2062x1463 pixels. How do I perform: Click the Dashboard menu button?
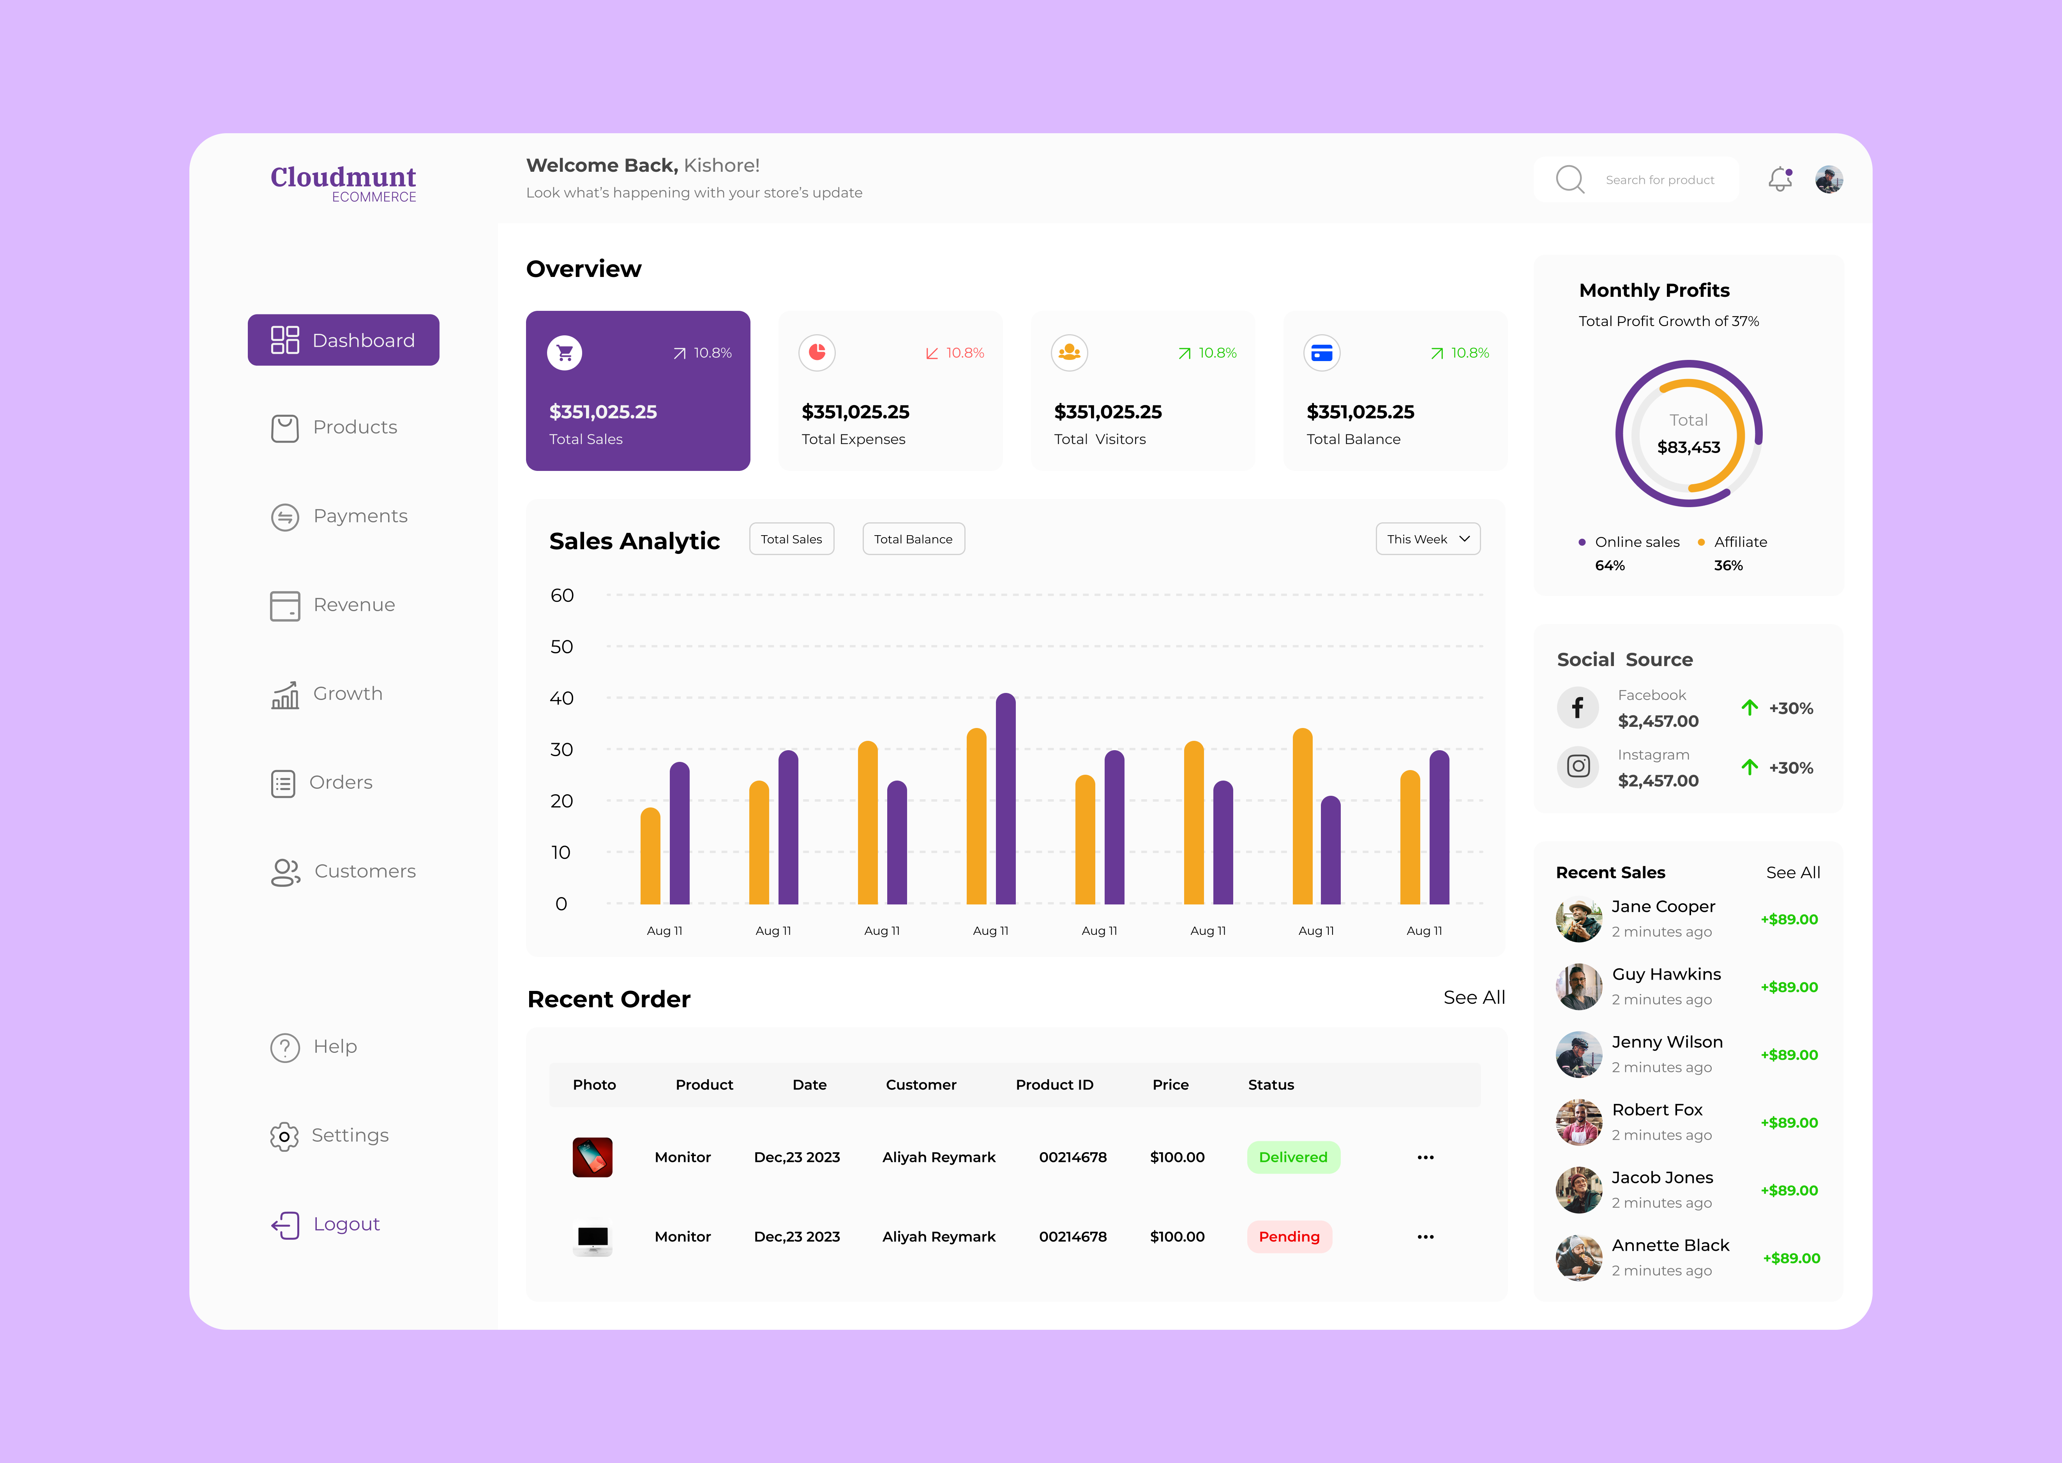tap(343, 340)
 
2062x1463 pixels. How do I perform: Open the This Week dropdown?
tap(1428, 539)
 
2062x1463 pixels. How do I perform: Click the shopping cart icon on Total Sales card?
tap(565, 352)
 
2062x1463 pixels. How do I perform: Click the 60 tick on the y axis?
tap(561, 596)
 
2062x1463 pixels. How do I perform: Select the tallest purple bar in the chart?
tap(1006, 798)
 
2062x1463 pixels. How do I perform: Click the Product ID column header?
tap(1054, 1085)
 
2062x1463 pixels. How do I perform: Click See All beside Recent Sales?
tap(1792, 872)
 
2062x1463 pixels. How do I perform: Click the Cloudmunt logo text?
tap(343, 178)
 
